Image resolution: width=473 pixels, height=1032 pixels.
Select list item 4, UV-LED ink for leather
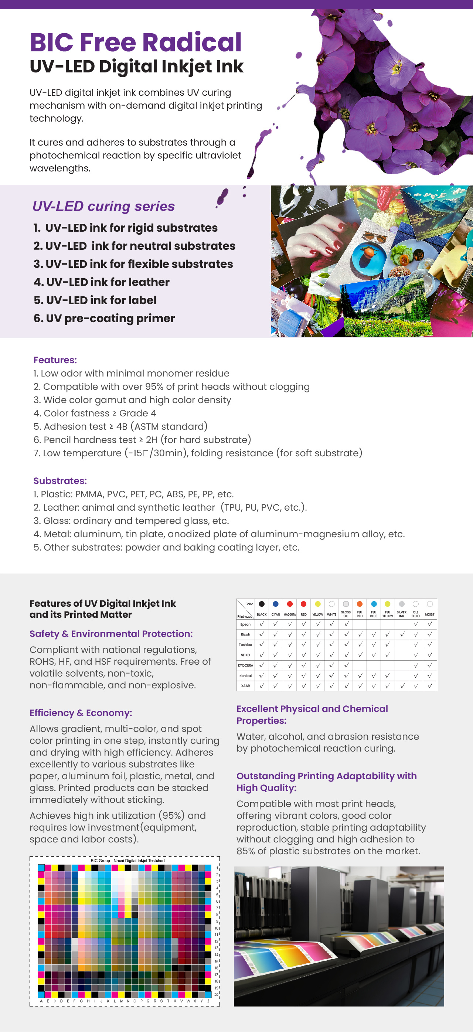pos(102,282)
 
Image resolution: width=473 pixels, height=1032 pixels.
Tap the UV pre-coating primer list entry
pos(104,318)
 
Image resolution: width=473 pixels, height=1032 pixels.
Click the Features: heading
pos(55,360)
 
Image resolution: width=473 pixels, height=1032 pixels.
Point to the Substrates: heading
pos(60,481)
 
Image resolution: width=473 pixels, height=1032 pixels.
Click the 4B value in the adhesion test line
pos(122,426)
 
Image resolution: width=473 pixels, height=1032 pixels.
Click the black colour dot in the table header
pos(262,604)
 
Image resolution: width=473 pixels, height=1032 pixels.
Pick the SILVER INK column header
pos(401,614)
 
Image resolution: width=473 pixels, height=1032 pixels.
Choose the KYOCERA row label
pos(245,665)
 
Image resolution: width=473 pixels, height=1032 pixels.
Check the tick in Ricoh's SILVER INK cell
pos(402,634)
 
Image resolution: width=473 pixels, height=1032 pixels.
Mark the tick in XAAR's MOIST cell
pos(430,686)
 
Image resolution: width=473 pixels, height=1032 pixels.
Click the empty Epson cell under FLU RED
pos(360,624)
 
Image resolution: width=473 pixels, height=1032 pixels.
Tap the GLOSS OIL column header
pos(346,614)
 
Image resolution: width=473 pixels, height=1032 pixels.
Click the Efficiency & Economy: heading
pos(81,713)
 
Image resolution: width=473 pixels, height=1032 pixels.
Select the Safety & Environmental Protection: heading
pos(111,634)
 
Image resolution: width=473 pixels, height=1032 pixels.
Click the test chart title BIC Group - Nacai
pos(128,860)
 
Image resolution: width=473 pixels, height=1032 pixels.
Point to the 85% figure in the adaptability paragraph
pos(245,851)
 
